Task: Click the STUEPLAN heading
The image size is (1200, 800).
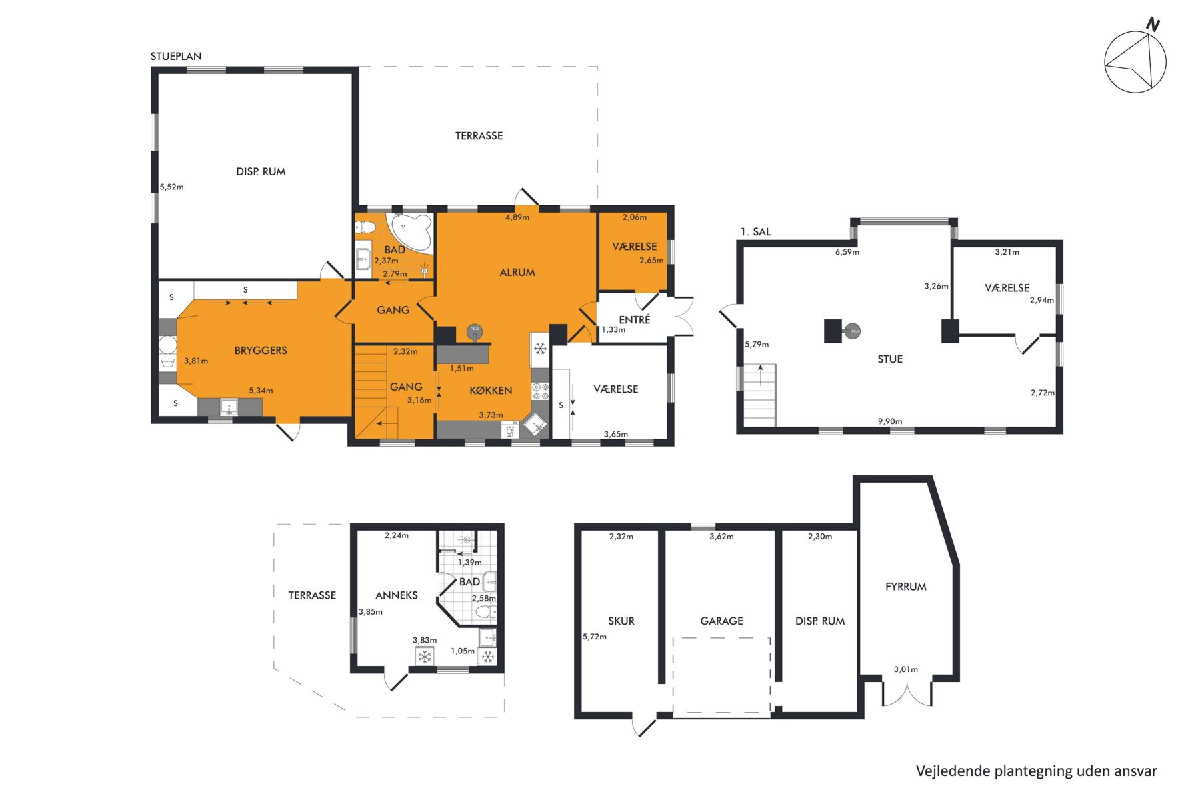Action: tap(176, 57)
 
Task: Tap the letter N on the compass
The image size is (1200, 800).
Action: tap(1153, 25)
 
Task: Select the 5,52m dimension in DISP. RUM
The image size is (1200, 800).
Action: tap(171, 187)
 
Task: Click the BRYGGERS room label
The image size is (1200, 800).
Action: tap(261, 351)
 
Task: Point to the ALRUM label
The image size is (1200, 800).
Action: tap(517, 273)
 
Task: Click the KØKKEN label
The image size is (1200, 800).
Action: tap(491, 391)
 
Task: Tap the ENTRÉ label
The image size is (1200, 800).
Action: tap(635, 320)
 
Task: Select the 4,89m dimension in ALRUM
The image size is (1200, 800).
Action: tap(517, 217)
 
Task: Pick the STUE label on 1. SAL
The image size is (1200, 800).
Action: tap(890, 359)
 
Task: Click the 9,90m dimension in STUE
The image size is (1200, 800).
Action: tap(890, 421)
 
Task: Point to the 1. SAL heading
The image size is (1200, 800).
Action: tap(755, 232)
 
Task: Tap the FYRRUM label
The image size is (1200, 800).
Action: tap(906, 587)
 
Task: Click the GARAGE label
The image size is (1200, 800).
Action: tap(721, 621)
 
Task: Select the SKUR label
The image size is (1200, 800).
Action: tap(621, 621)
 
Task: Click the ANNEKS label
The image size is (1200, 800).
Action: tap(397, 595)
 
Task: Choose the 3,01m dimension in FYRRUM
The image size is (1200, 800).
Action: tap(906, 669)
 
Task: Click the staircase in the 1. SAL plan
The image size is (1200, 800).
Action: tap(760, 395)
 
